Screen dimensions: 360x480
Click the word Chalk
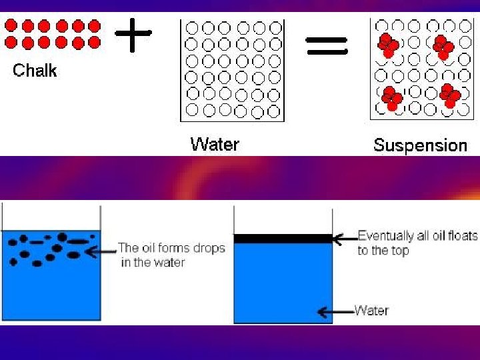pyautogui.click(x=35, y=70)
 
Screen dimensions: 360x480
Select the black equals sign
pyautogui.click(x=326, y=45)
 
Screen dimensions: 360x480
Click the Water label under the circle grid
pyautogui.click(x=215, y=144)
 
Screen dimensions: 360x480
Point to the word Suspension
pyautogui.click(x=420, y=145)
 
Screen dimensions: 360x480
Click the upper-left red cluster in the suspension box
pyautogui.click(x=388, y=45)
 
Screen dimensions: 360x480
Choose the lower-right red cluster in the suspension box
pyautogui.click(x=449, y=95)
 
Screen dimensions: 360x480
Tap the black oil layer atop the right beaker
pyautogui.click(x=283, y=238)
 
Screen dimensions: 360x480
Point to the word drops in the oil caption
pyautogui.click(x=209, y=248)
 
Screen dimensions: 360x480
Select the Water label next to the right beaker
pyautogui.click(x=371, y=310)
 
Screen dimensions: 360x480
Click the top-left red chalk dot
pyautogui.click(x=11, y=26)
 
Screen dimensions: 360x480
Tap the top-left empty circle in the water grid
pyautogui.click(x=192, y=28)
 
